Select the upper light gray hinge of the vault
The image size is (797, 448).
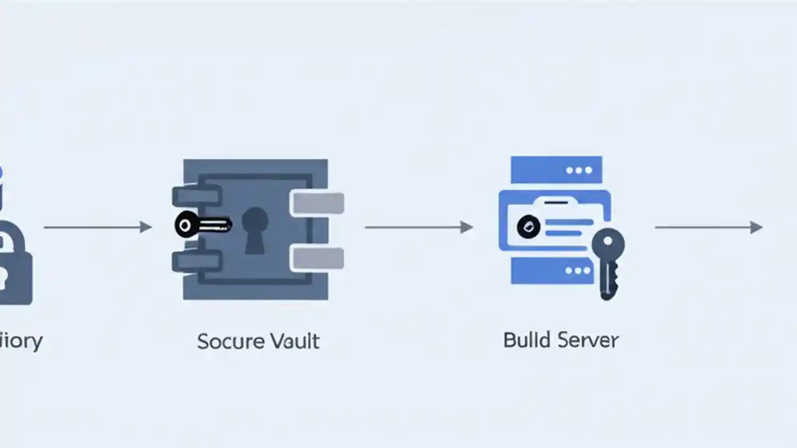[318, 203]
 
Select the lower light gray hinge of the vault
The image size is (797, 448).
[318, 258]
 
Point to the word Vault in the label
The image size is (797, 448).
[295, 341]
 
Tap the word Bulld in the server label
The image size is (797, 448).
[526, 340]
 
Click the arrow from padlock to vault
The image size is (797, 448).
[98, 227]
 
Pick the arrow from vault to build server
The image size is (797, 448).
[418, 227]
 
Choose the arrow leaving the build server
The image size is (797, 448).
[709, 227]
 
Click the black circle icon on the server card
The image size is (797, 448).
[529, 227]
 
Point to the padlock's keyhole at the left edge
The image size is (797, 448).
[2, 274]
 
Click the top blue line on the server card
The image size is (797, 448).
[568, 222]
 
